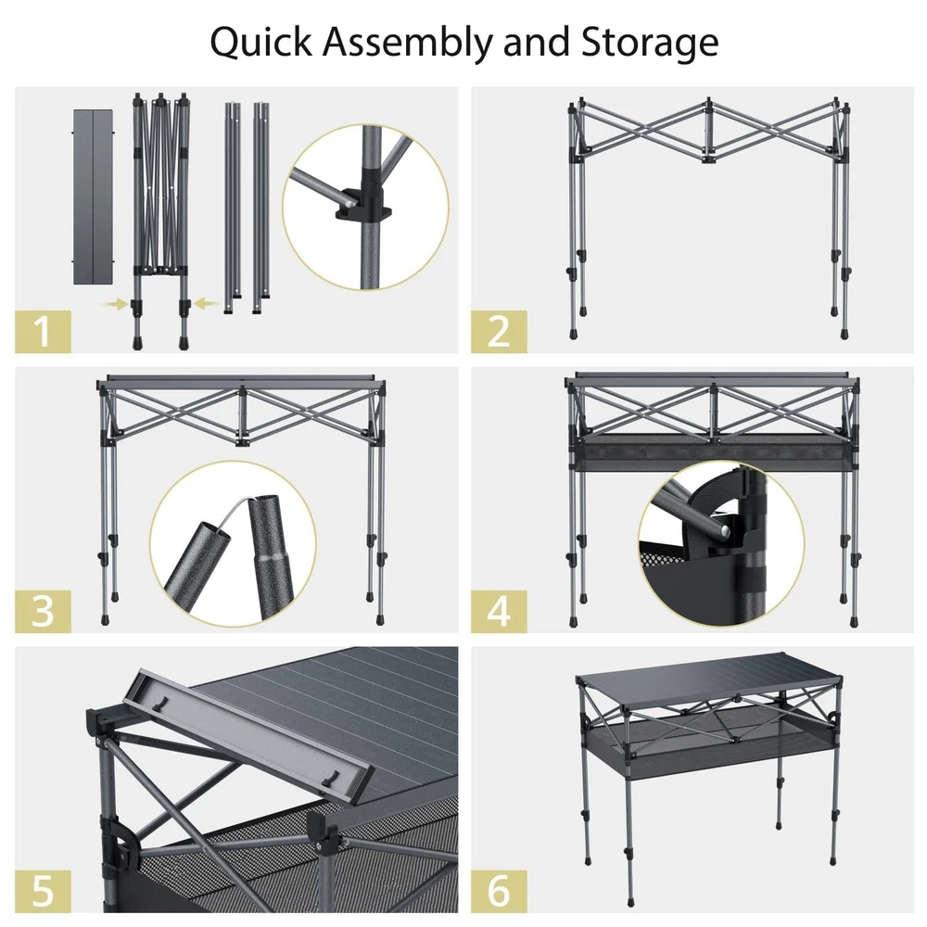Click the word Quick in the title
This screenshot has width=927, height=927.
260,43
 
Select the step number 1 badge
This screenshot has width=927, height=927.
43,332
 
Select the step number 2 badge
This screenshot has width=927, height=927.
499,332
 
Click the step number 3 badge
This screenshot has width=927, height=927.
43,611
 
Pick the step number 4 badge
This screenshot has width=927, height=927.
499,611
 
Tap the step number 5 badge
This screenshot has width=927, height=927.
43,891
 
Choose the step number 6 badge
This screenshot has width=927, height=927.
499,891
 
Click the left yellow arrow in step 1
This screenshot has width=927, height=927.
113,304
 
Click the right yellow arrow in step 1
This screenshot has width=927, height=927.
207,304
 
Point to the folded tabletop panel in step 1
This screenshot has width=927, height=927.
93,197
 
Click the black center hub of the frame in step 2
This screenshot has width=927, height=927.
708,159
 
